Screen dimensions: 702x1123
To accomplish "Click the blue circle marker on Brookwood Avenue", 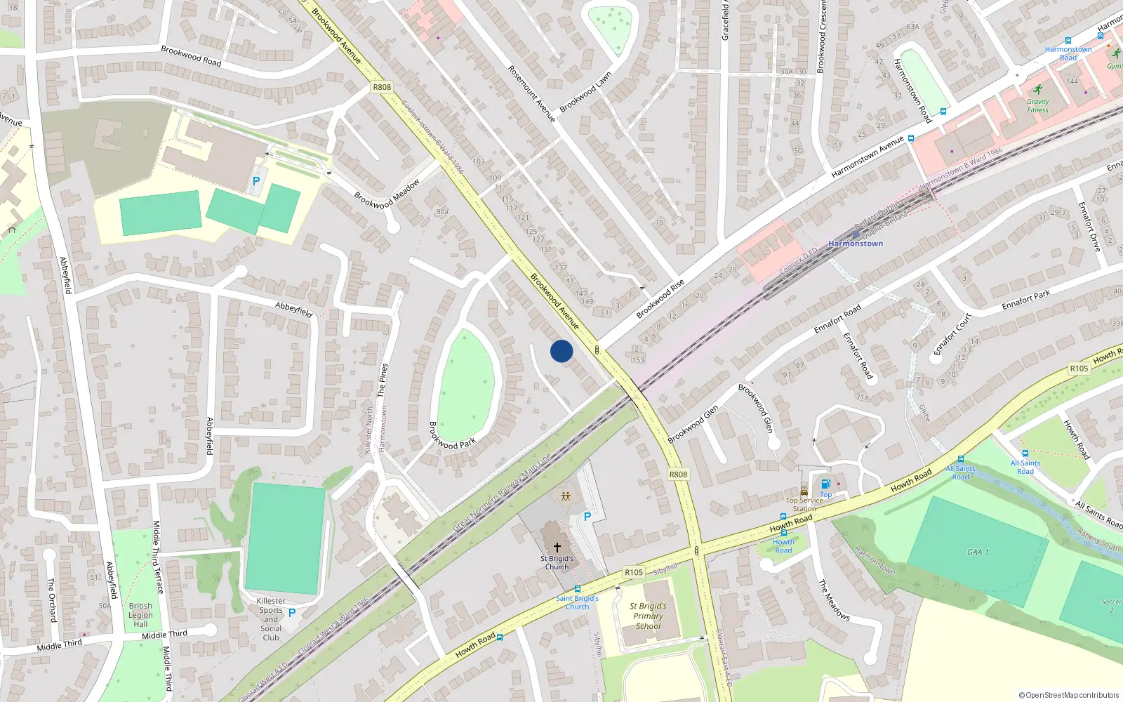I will pos(561,351).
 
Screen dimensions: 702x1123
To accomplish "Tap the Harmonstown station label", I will pos(856,244).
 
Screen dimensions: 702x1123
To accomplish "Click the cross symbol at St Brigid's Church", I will pos(557,547).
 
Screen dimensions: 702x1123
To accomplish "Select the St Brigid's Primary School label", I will pos(648,616).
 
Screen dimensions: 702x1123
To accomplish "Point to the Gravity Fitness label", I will pos(1037,106).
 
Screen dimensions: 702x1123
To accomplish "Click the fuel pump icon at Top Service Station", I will pos(826,484).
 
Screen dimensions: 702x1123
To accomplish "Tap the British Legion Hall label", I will pos(140,615).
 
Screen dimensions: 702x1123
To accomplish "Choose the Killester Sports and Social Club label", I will pos(271,619).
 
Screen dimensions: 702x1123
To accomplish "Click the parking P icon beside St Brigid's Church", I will pos(587,517).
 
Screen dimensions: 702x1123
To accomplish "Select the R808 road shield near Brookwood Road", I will pos(382,87).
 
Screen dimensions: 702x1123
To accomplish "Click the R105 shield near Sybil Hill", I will pos(634,572).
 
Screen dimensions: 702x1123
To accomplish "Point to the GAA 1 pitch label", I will pos(978,552).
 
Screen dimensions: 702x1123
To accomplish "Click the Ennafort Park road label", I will pos(1025,300).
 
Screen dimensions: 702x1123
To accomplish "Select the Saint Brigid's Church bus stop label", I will pos(577,602).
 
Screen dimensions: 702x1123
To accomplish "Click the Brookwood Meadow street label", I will pos(387,194).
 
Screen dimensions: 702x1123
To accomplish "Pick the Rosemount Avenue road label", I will pos(531,93).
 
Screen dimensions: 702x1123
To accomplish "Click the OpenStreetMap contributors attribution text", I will pos(1069,695).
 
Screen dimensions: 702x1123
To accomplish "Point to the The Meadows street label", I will pos(834,600).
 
